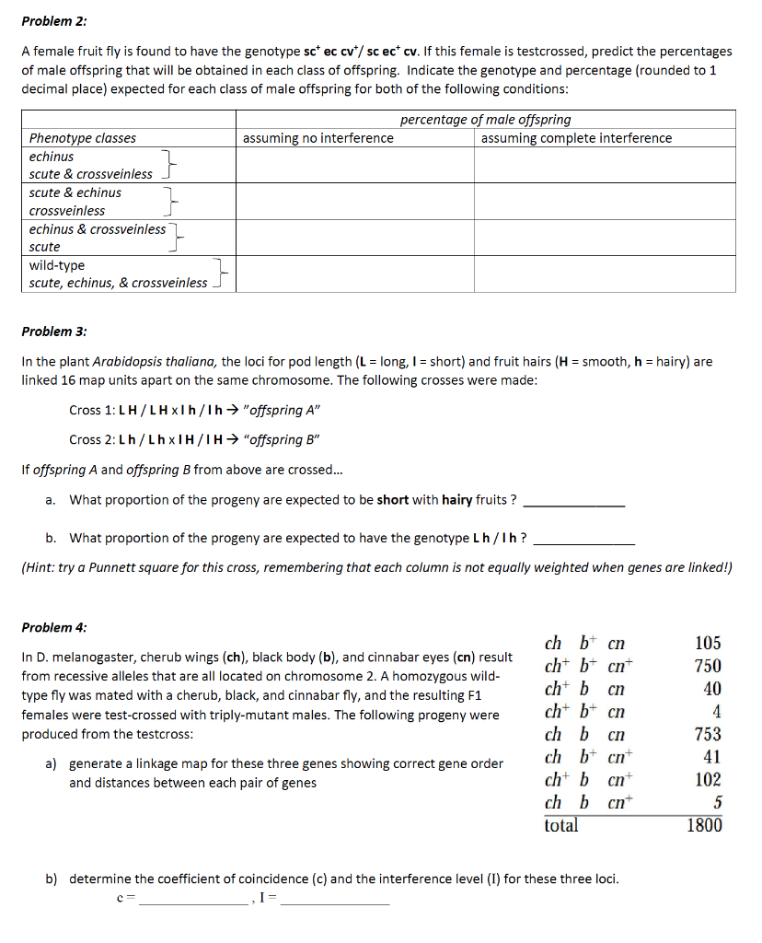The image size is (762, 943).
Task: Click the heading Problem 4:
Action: point(55,628)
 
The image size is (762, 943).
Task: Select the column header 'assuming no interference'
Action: point(317,138)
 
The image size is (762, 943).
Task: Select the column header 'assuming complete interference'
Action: point(576,138)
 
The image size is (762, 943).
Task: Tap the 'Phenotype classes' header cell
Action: point(83,138)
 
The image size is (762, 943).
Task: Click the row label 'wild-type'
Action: point(57,265)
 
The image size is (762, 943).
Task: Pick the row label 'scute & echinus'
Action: point(75,192)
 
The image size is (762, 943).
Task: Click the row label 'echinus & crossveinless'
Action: point(98,229)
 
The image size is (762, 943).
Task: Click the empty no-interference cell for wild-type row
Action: point(355,274)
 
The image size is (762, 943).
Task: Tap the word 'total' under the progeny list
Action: point(561,825)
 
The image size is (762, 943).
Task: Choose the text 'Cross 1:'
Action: point(93,410)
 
